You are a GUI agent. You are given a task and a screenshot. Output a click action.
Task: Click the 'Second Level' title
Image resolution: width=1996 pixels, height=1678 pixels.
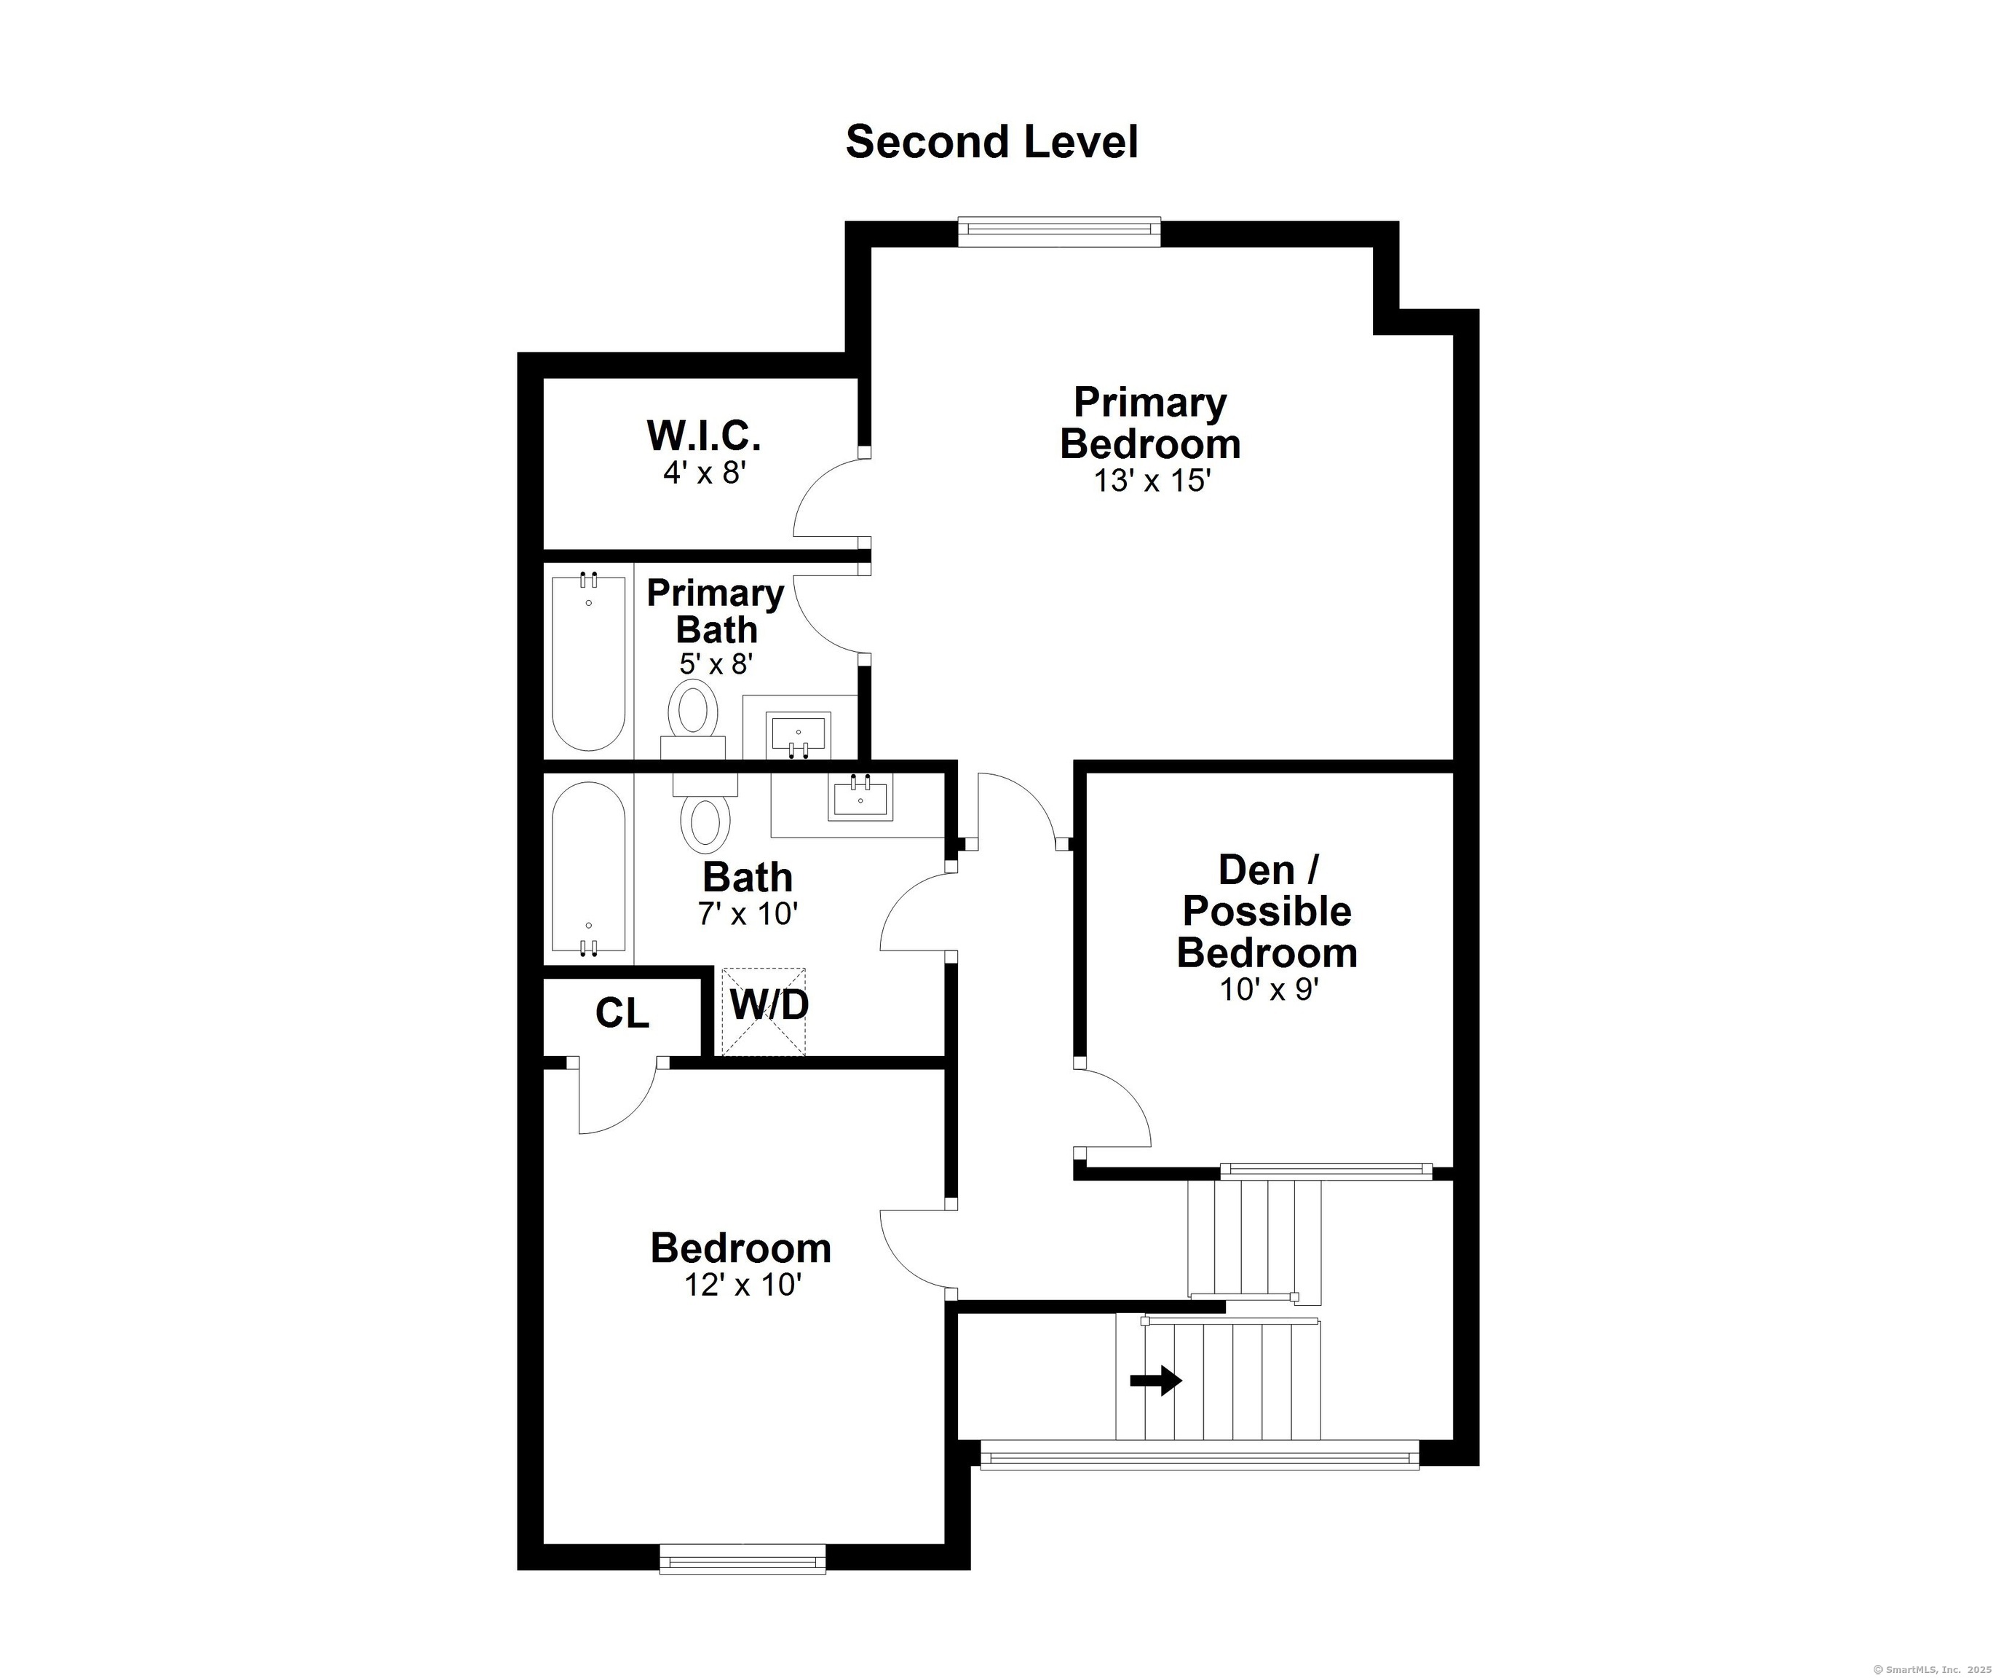coord(992,142)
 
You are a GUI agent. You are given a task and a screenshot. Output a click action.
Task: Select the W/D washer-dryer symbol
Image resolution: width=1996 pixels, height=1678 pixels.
coord(764,1012)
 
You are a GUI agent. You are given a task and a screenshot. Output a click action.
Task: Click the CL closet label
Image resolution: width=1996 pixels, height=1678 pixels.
coord(622,1013)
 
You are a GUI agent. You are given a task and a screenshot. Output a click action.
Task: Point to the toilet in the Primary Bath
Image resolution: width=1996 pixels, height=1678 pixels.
coord(693,719)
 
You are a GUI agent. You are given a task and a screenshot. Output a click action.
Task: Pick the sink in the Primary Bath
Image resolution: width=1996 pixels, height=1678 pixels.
coord(799,736)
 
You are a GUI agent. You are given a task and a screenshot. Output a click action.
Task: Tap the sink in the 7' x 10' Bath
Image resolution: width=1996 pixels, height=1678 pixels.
coord(860,797)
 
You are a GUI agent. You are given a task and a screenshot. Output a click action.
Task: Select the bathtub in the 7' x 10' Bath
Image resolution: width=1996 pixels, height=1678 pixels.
coord(589,868)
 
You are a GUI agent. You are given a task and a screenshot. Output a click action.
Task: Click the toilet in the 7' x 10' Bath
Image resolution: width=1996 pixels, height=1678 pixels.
coord(705,812)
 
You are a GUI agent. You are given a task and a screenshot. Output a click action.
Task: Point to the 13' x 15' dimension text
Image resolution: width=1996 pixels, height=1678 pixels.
coord(1151,481)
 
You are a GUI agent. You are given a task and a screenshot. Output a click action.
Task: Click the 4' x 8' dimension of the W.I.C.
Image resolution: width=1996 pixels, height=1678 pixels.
coord(704,473)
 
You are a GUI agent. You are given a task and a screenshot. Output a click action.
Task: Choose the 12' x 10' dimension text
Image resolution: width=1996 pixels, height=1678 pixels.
coord(742,1285)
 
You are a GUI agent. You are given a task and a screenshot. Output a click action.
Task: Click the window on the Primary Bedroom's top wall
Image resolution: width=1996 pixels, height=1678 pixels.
coord(1059,233)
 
